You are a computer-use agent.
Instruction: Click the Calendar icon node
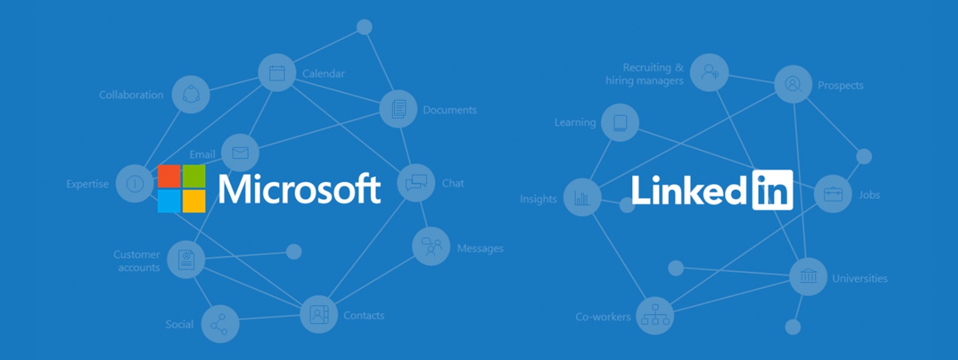pyautogui.click(x=277, y=73)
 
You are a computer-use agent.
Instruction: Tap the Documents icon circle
pyautogui.click(x=398, y=109)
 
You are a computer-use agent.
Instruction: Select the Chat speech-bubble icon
pyautogui.click(x=416, y=182)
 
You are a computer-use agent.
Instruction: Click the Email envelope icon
pyautogui.click(x=240, y=152)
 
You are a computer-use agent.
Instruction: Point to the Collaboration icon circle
pyautogui.click(x=190, y=94)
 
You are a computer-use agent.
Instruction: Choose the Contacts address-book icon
pyautogui.click(x=318, y=314)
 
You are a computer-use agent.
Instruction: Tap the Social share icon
pyautogui.click(x=219, y=324)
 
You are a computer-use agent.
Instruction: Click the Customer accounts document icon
pyautogui.click(x=186, y=260)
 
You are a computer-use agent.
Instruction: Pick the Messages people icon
pyautogui.click(x=431, y=247)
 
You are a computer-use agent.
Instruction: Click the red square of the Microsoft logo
pyautogui.click(x=169, y=176)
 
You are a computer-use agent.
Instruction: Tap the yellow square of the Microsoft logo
pyautogui.click(x=194, y=201)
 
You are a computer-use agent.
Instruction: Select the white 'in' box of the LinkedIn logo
pyautogui.click(x=772, y=190)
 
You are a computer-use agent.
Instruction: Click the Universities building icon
pyautogui.click(x=808, y=277)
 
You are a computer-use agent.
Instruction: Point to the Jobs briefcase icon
pyautogui.click(x=833, y=194)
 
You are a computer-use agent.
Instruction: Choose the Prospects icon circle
pyautogui.click(x=793, y=84)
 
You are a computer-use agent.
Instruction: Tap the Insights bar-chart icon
pyautogui.click(x=582, y=197)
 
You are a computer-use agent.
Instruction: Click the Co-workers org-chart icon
pyautogui.click(x=655, y=316)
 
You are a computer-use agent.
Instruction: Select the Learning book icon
pyautogui.click(x=620, y=122)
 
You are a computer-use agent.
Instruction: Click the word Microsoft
pyautogui.click(x=300, y=188)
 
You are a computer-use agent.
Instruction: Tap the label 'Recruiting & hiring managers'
pyautogui.click(x=645, y=74)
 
